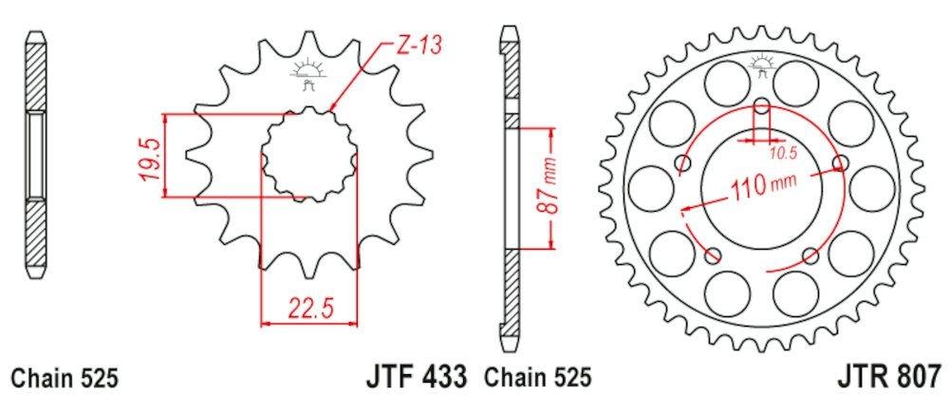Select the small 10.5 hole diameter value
click(x=781, y=150)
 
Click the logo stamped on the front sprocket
click(x=309, y=72)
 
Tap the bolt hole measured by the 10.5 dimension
click(x=762, y=105)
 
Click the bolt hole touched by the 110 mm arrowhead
click(x=839, y=162)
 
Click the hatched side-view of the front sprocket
click(x=35, y=157)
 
